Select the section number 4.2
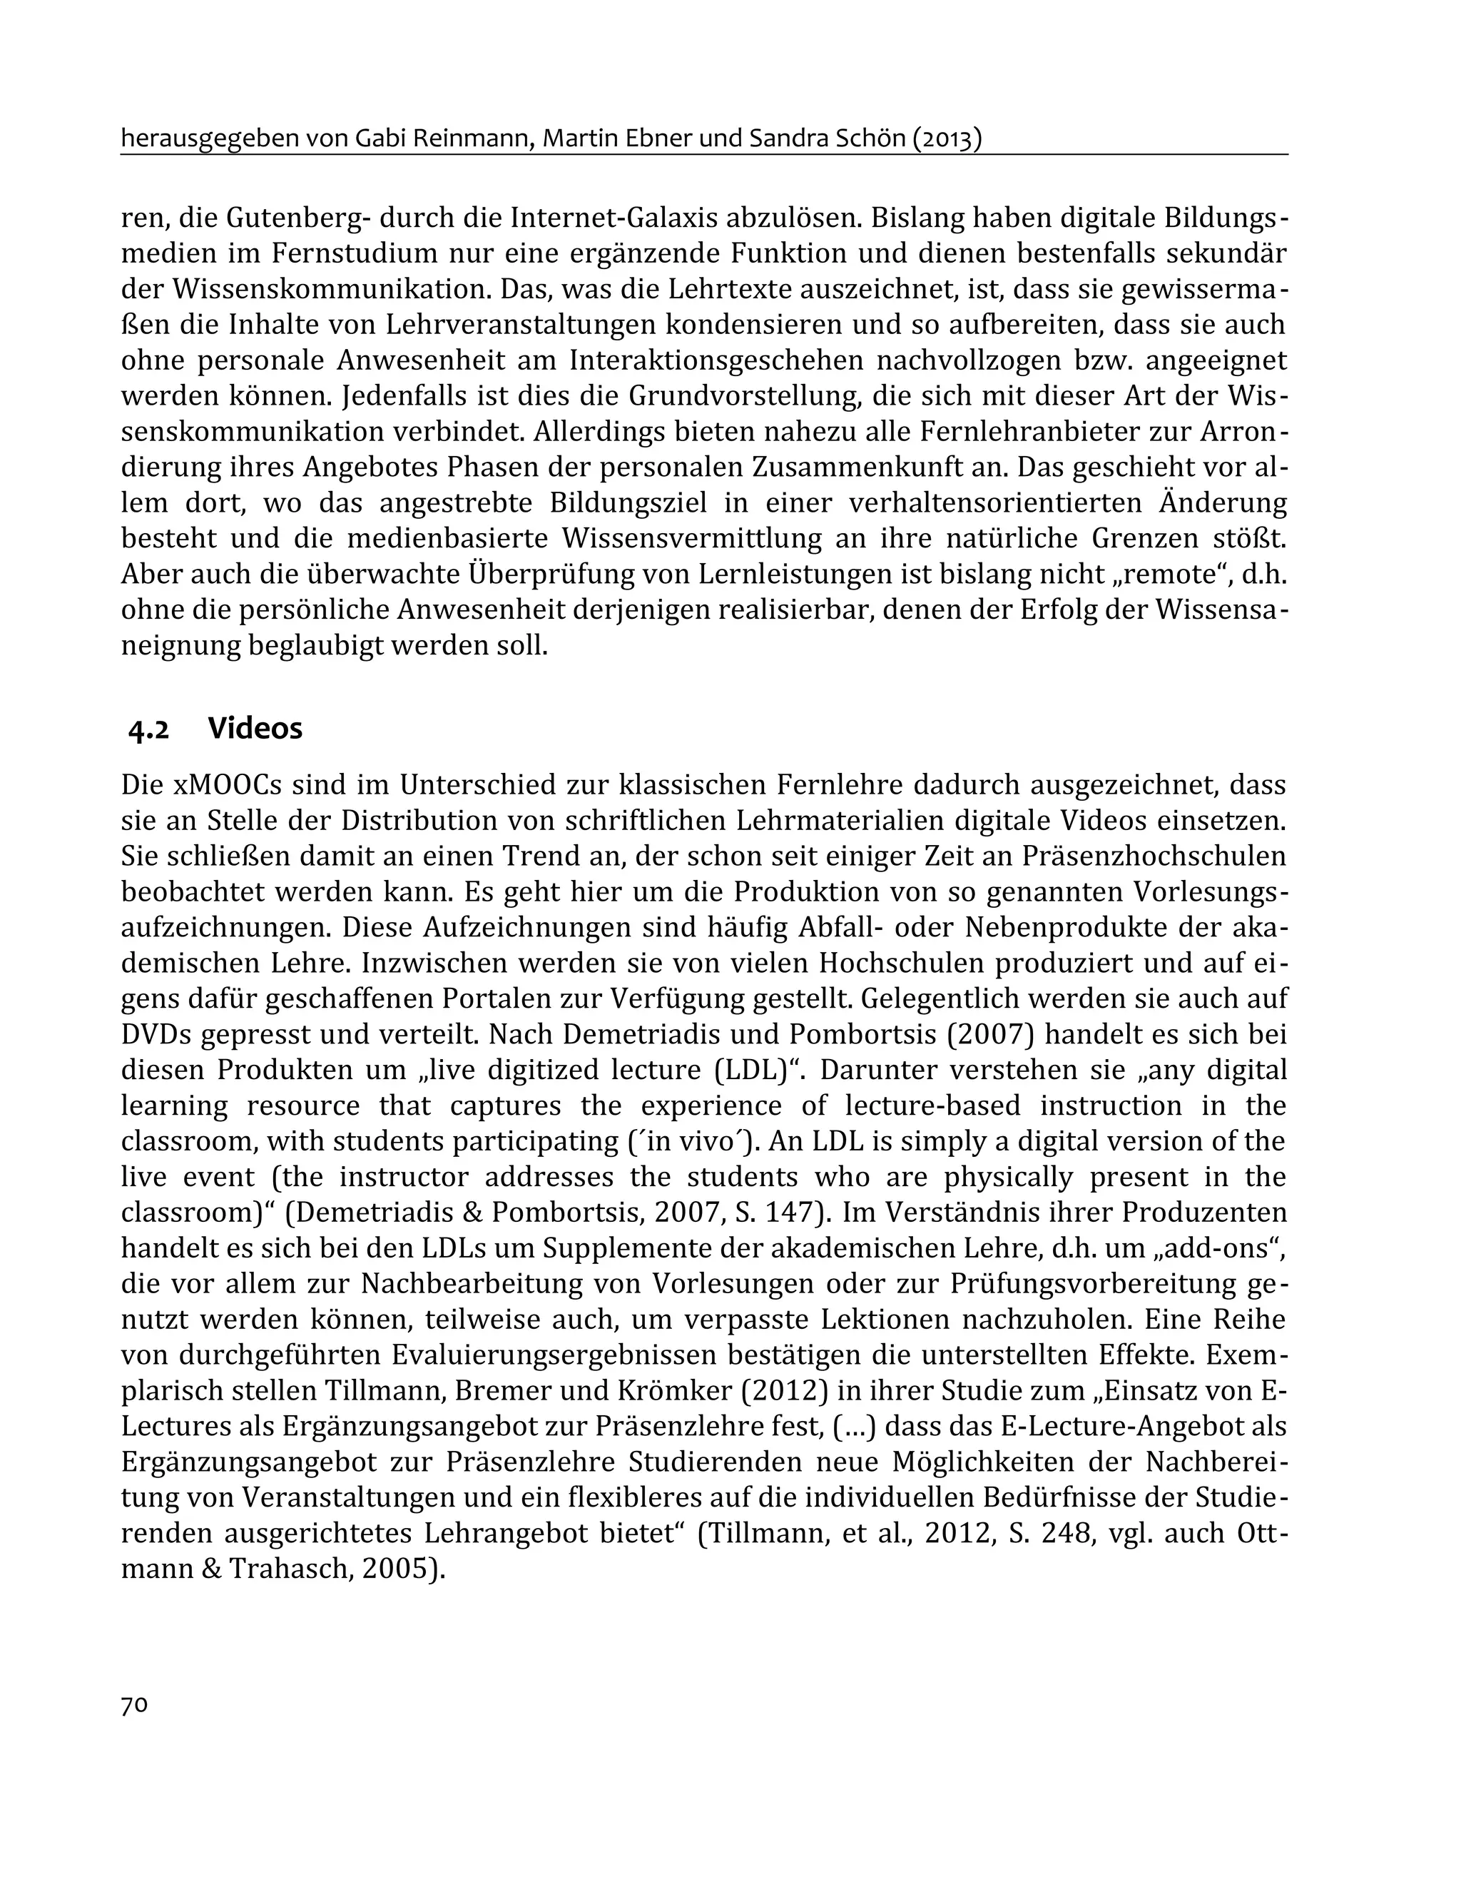[148, 730]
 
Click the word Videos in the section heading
[255, 729]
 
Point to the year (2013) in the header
[946, 138]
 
